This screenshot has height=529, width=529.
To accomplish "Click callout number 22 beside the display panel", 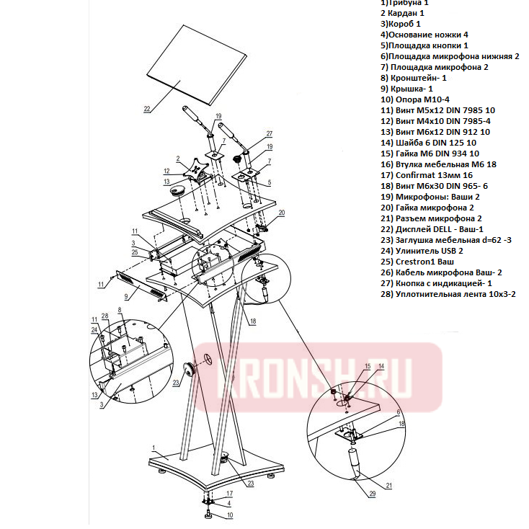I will coord(147,110).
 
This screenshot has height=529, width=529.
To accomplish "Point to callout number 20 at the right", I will coord(282,213).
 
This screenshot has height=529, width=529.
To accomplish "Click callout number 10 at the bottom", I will coord(230,515).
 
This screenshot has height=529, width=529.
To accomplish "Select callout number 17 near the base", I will coord(230,493).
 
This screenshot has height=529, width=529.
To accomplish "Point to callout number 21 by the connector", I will coord(388,486).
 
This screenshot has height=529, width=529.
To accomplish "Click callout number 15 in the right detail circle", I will coord(367,366).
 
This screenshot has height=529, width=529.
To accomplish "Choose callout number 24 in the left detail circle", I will coord(94,329).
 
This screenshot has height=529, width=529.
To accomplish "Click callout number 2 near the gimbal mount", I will coord(177,157).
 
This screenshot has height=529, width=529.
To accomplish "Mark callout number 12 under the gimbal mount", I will coord(166,172).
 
